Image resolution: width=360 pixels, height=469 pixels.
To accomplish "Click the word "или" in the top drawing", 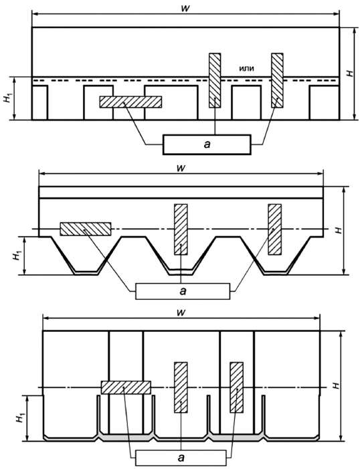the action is [247, 68].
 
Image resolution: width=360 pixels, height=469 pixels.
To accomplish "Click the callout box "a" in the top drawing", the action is [207, 145].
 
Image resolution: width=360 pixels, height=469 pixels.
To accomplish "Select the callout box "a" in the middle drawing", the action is [183, 291].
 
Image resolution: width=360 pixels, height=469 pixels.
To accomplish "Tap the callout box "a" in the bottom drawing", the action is [181, 458].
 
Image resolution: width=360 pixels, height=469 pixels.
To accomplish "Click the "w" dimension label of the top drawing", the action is [185, 8].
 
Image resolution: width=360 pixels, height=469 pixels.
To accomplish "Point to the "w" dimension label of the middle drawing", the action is [181, 168].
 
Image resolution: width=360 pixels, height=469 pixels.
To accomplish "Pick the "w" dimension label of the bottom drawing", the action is [181, 312].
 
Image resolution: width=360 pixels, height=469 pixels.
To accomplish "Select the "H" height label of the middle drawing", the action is [339, 230].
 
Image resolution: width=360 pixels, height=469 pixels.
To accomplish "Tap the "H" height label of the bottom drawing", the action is [336, 386].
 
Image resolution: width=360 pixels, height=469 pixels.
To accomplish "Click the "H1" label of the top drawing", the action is [7, 98].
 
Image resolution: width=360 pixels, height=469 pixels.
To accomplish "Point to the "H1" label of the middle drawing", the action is [17, 256].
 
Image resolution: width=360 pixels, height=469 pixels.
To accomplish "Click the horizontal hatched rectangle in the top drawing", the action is [130, 102].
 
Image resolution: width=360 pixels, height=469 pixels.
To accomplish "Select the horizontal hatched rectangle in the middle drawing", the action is [86, 229].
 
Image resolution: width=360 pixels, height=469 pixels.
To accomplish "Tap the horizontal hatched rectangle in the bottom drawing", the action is [126, 387].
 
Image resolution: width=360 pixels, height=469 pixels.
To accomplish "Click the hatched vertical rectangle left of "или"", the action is [215, 80].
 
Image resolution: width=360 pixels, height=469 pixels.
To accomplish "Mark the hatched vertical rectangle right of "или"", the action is [278, 80].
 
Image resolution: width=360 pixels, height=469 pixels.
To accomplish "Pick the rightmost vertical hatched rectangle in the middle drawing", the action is [275, 229].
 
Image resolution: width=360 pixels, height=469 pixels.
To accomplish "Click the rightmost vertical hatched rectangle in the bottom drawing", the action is [236, 387].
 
